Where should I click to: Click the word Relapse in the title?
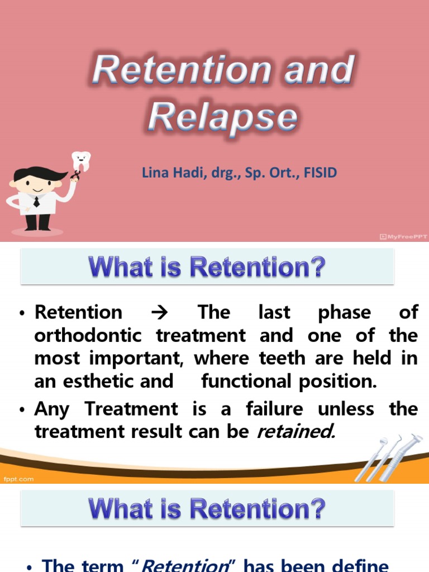(x=223, y=118)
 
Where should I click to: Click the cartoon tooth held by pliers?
(x=82, y=161)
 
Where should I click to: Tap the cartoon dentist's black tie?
(x=37, y=201)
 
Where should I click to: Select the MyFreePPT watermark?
(x=403, y=237)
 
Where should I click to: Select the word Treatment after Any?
(x=131, y=409)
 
